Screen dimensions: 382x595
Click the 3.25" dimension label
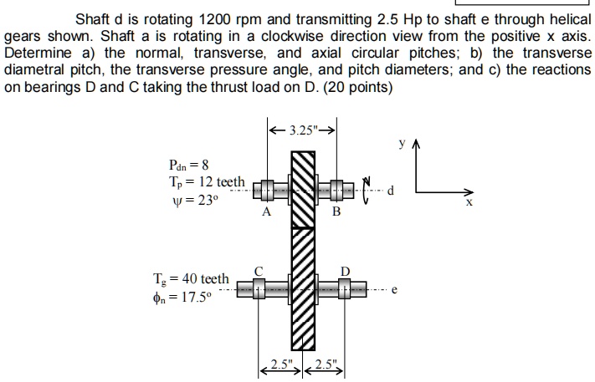pyautogui.click(x=301, y=130)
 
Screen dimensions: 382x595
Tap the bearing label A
pyautogui.click(x=266, y=212)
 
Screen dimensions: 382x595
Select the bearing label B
pyautogui.click(x=336, y=212)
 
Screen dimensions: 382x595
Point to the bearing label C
pyautogui.click(x=259, y=271)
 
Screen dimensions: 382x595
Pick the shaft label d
pyautogui.click(x=390, y=190)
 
